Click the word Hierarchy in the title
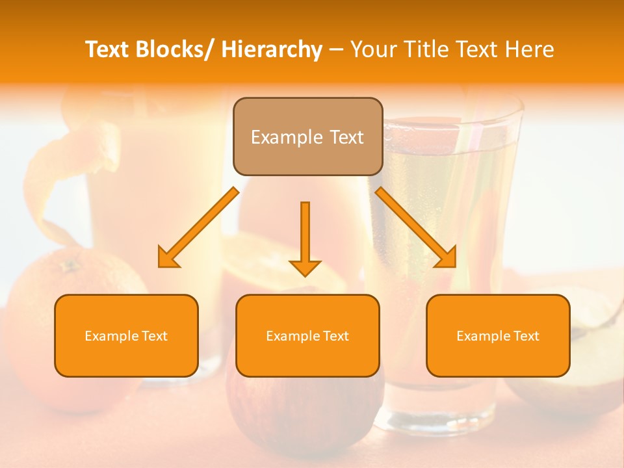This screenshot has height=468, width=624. [x=272, y=49]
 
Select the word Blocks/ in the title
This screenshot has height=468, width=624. [x=173, y=49]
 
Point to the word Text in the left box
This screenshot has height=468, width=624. [x=153, y=336]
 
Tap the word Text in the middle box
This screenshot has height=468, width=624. [x=334, y=336]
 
